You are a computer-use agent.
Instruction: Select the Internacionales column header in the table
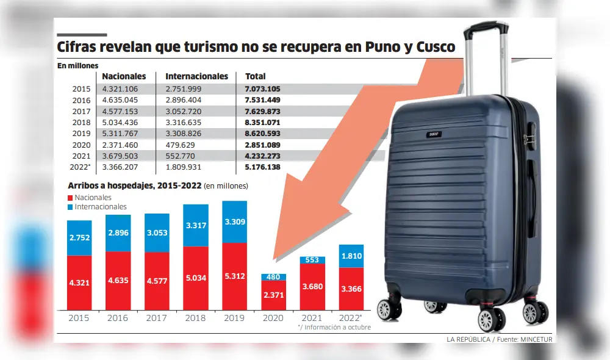[196, 76]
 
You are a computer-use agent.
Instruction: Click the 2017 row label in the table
[81, 111]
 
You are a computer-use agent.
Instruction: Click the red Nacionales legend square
[71, 198]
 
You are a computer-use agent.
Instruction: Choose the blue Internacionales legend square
[71, 207]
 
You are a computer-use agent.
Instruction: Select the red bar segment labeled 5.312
[234, 276]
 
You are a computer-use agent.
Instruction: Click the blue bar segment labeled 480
[273, 277]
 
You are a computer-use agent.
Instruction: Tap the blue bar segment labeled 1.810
[351, 255]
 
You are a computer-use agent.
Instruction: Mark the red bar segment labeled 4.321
[79, 283]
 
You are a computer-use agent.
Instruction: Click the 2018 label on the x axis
[195, 318]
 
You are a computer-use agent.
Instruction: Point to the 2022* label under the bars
[350, 318]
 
